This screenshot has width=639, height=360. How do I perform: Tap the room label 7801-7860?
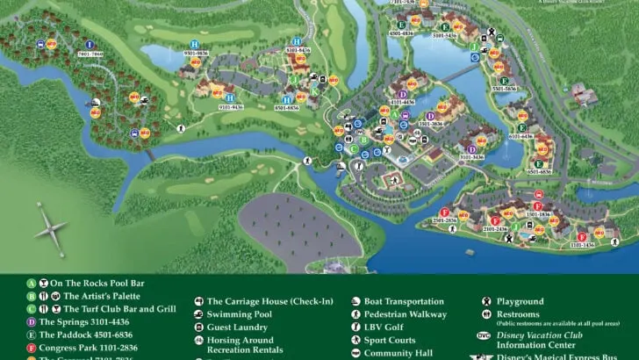pyautogui.click(x=90, y=54)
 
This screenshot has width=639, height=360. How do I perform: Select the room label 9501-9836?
pyautogui.click(x=195, y=54)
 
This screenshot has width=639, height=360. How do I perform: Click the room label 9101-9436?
pyautogui.click(x=230, y=108)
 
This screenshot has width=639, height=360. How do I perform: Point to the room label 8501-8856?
pyautogui.click(x=289, y=108)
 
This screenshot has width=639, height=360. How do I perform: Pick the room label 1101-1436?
pyautogui.click(x=580, y=246)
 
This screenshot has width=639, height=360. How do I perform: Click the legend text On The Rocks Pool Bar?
pyautogui.click(x=97, y=284)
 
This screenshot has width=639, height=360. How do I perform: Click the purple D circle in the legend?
pyautogui.click(x=32, y=322)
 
